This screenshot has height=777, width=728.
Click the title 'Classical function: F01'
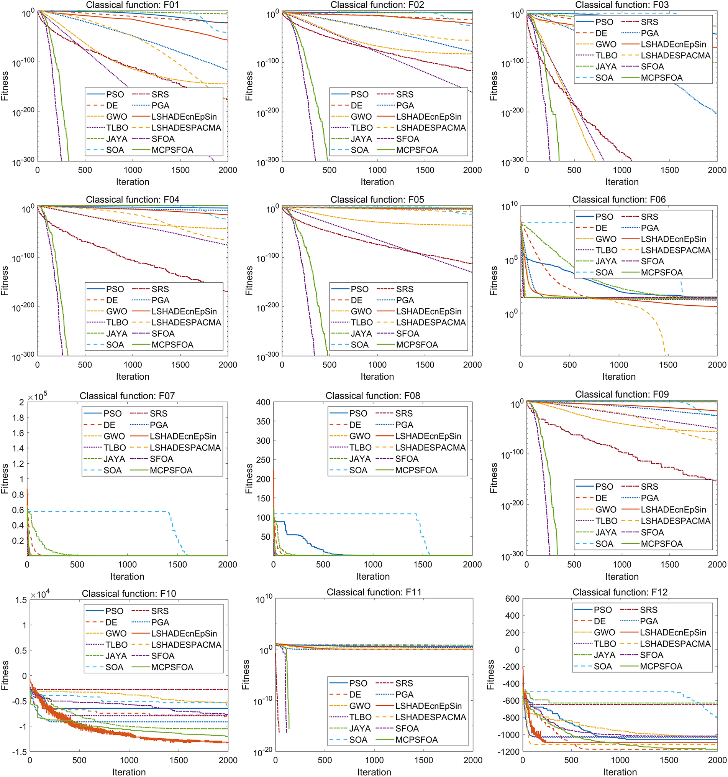pos(133,5)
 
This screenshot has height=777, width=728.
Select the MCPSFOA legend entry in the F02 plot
pos(417,150)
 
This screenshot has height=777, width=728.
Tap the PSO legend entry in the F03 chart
pos(604,22)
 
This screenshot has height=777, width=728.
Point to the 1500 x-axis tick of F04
pos(180,365)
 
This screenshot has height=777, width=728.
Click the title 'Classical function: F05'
pos(377,200)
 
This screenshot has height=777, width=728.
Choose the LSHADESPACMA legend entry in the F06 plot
pos(675,250)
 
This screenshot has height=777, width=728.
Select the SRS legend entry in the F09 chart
pos(649,487)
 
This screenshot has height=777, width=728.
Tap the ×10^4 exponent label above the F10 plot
pos(40,594)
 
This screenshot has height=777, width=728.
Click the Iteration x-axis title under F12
pos(620,772)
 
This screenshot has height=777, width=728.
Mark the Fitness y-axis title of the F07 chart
pos(5,479)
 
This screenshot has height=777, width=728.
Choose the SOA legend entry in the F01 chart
pos(115,150)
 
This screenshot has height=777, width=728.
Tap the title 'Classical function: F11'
pos(374,592)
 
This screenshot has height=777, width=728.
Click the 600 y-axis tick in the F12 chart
pos(512,598)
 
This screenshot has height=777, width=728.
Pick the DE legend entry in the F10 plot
pos(111,622)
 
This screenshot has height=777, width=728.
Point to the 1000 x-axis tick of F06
pos(619,365)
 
